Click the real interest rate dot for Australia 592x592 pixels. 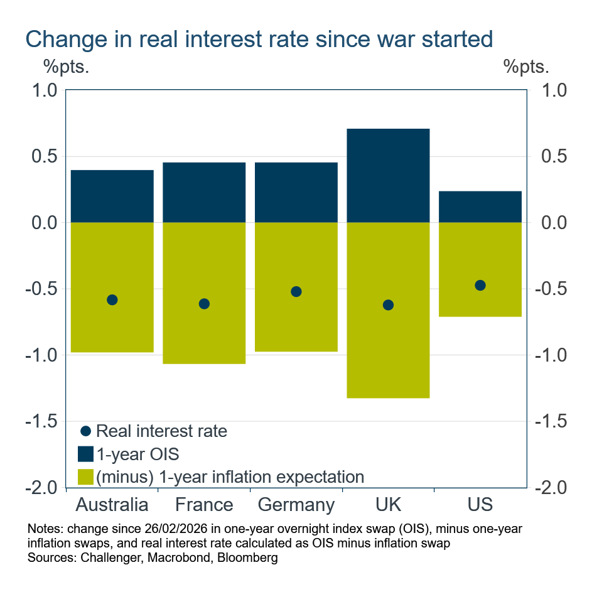point(112,299)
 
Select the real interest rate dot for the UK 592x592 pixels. point(388,305)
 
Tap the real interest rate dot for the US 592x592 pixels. point(480,285)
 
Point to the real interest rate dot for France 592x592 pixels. point(204,304)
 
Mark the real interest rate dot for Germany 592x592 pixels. point(296,291)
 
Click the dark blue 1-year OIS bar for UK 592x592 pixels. point(388,176)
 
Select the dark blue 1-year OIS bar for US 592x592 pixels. point(480,207)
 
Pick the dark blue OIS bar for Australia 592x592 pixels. point(112,196)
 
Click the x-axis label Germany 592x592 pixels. point(296,505)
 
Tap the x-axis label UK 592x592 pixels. point(388,505)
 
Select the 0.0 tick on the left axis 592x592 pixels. point(44,223)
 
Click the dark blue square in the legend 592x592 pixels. point(86,454)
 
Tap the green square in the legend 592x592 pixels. point(86,476)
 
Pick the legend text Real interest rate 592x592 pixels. point(161,431)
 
